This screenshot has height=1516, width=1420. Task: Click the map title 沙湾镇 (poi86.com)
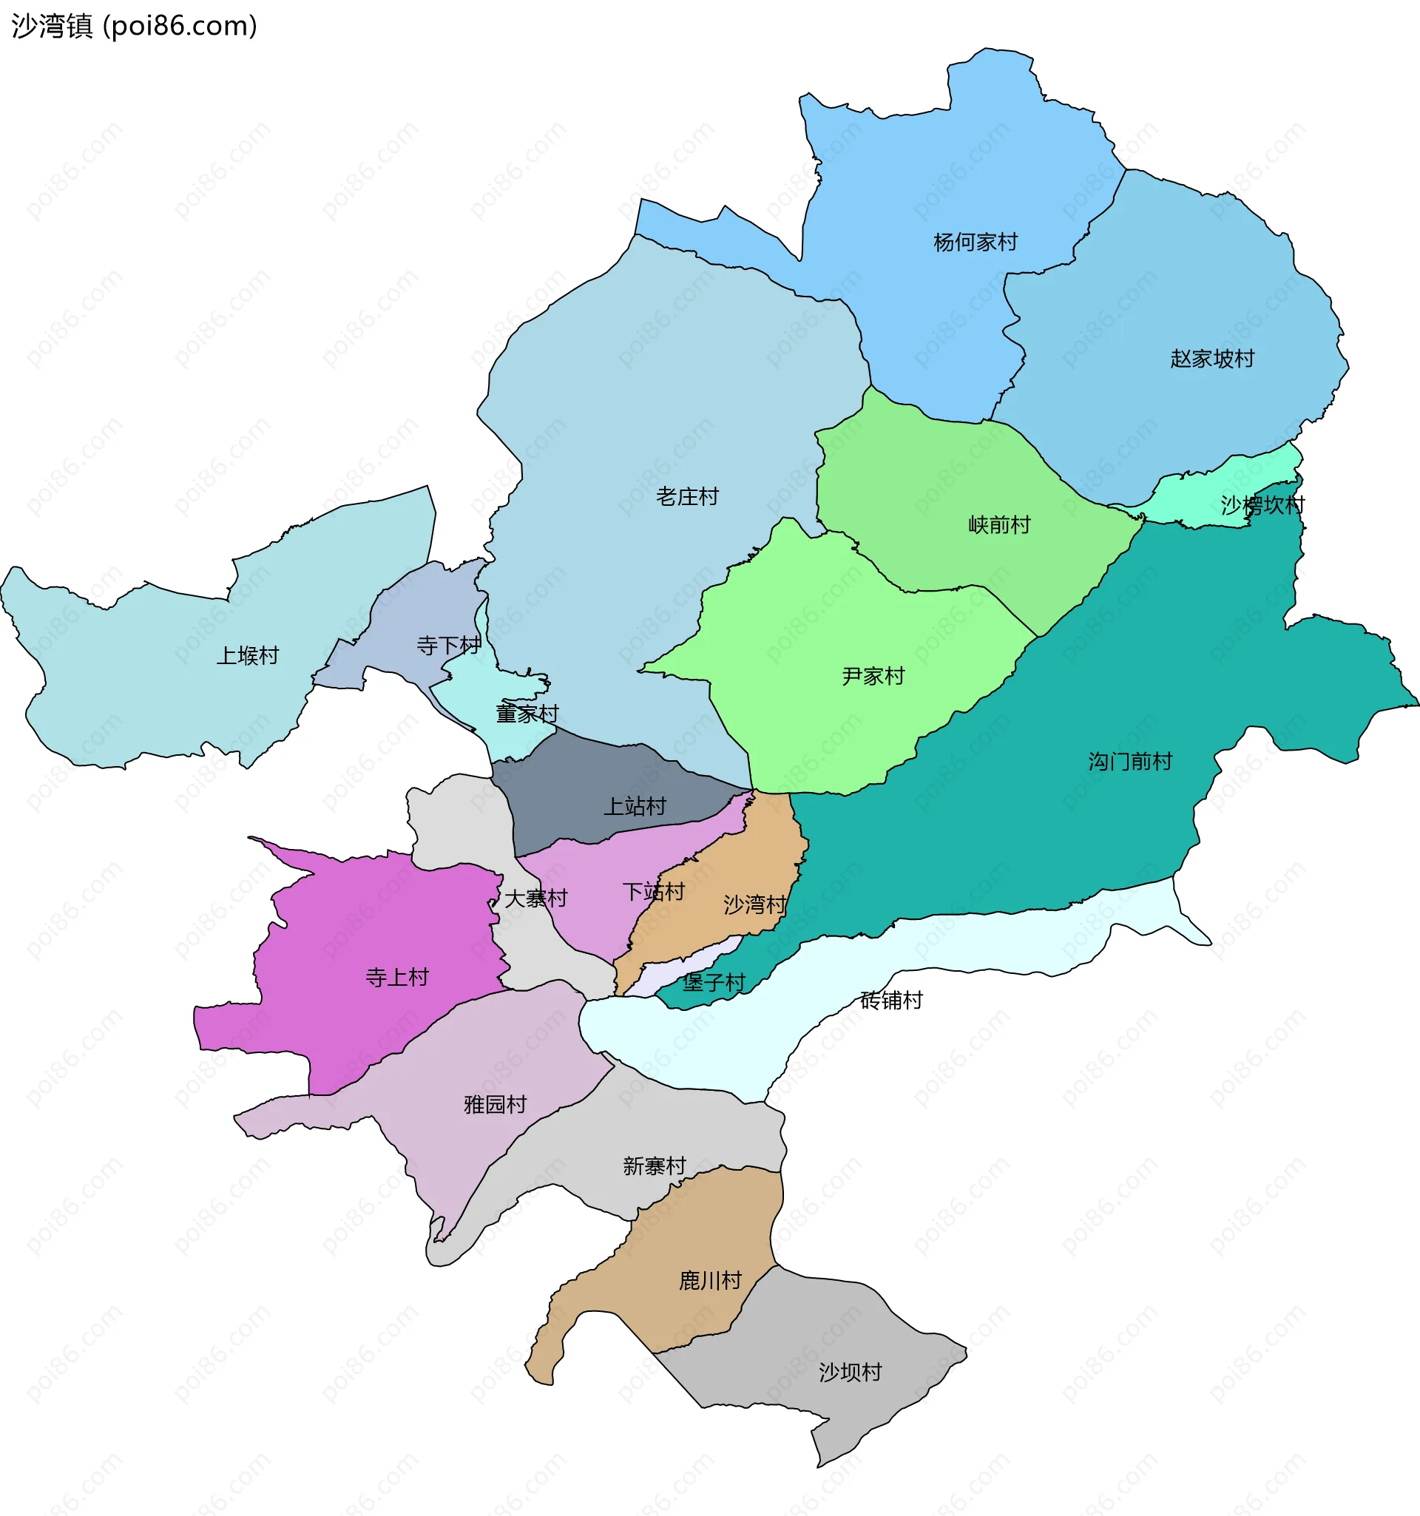coord(134,26)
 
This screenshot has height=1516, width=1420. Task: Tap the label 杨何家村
coord(975,243)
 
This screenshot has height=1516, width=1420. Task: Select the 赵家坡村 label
coord(1211,359)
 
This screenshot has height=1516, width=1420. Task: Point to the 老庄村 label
coord(687,497)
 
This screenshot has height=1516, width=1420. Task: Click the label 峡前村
coord(999,524)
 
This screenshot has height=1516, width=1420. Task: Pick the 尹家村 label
coord(873,677)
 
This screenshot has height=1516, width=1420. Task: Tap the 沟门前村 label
coord(1129,761)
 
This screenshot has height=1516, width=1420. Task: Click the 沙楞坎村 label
coord(1262,505)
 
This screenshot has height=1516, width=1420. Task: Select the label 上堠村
coord(247,656)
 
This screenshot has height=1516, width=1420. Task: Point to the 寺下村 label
coord(448,646)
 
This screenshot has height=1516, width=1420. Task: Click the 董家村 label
coord(527,714)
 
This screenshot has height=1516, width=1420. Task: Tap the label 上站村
coord(635,806)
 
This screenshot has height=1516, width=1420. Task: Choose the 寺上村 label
coord(396,978)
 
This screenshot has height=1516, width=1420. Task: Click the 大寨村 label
coord(535,899)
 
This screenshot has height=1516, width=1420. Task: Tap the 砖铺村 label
coord(890,1000)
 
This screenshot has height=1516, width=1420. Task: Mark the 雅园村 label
coord(495,1104)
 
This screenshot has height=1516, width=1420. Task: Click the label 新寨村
coord(654,1166)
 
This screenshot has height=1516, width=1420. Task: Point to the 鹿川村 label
coord(710,1280)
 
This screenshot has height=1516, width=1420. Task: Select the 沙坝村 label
coord(850,1373)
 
